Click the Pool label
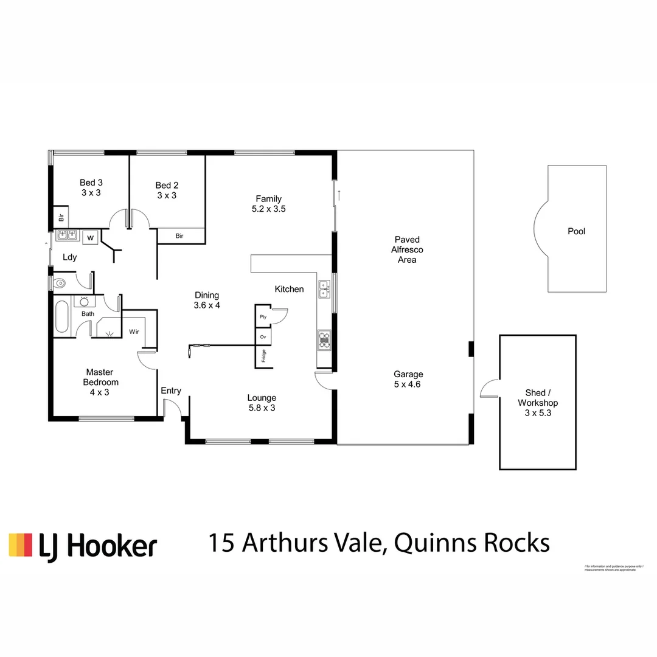[576, 231]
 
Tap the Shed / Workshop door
[490, 389]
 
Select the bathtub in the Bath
[62, 316]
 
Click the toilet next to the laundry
[61, 283]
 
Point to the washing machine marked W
[90, 237]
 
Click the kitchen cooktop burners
[324, 340]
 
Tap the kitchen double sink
[324, 289]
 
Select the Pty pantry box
[263, 317]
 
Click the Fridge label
[263, 356]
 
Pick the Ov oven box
[263, 336]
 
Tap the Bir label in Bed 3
[61, 217]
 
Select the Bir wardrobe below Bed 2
[180, 235]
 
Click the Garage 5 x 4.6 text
[408, 379]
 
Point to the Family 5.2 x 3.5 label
[268, 204]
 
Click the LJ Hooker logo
[83, 546]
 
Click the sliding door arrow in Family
[340, 195]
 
